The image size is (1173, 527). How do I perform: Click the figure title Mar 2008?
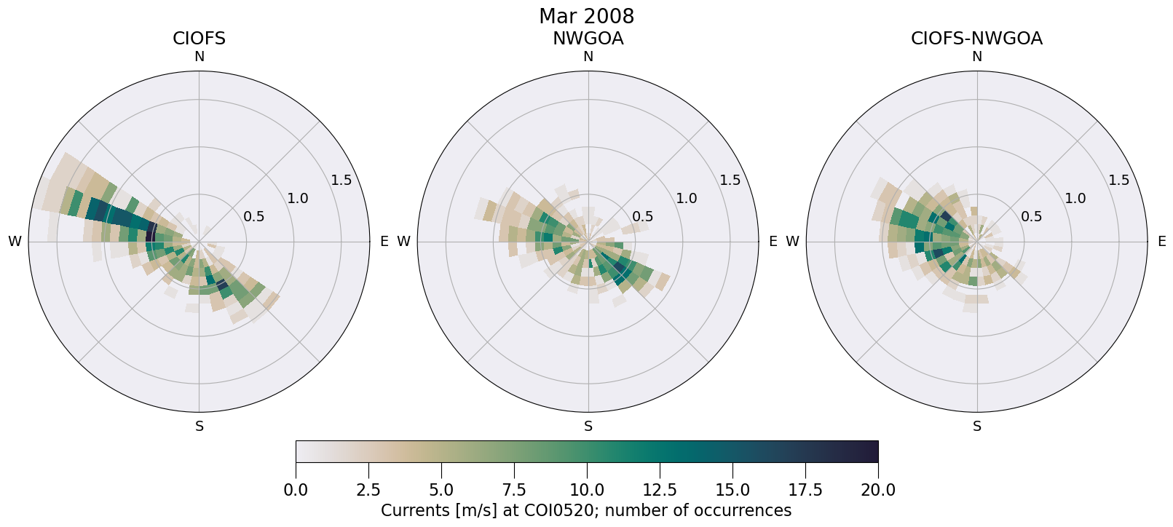click(x=586, y=16)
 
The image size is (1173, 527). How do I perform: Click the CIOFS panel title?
click(x=199, y=39)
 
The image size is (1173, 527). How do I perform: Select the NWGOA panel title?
click(x=588, y=39)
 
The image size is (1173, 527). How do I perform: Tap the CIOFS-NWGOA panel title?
click(x=976, y=39)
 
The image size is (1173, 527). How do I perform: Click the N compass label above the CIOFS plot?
click(x=199, y=57)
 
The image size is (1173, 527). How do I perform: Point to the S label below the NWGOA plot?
click(x=588, y=427)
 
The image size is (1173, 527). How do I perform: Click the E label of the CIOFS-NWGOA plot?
click(x=1161, y=242)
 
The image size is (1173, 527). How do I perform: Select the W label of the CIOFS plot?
click(x=15, y=242)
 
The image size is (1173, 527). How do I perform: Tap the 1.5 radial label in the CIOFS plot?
click(x=341, y=181)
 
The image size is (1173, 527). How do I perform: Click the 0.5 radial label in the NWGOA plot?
click(x=642, y=216)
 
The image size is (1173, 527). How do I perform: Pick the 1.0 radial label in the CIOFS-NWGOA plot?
click(x=1075, y=198)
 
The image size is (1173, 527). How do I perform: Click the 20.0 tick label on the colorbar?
click(x=878, y=491)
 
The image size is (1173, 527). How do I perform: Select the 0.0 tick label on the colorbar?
click(x=296, y=491)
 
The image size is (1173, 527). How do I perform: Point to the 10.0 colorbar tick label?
click(x=587, y=491)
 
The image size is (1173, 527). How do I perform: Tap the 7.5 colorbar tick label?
click(x=514, y=491)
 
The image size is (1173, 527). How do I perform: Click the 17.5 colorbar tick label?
click(x=805, y=491)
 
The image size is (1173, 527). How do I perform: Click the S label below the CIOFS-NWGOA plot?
click(x=977, y=427)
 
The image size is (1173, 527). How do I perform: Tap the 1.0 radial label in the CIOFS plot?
click(x=297, y=198)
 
